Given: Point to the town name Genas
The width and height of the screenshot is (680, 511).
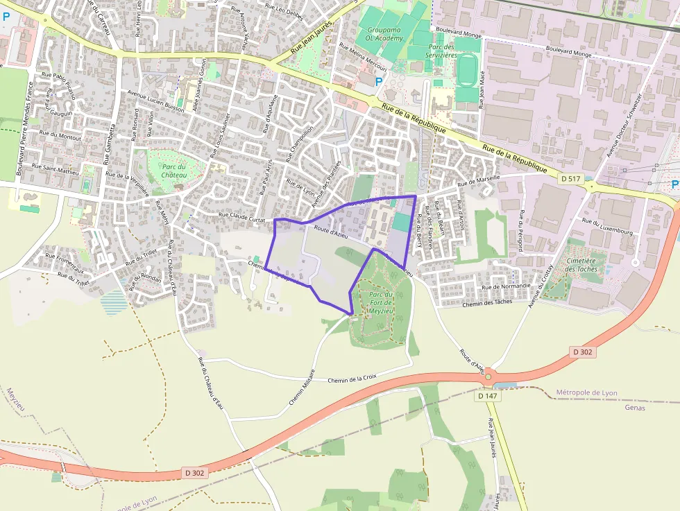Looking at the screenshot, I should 635,407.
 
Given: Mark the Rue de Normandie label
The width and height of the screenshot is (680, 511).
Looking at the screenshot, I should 506,286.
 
